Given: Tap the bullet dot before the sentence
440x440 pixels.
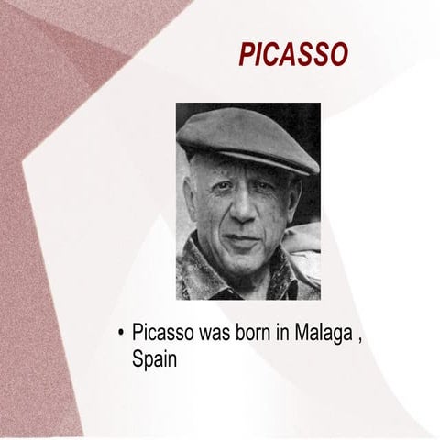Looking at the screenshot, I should [122, 332].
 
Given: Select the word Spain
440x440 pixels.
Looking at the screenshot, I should [154, 358].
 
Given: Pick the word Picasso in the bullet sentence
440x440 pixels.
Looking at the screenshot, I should [162, 332].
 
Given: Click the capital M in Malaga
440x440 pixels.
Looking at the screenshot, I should [302, 332].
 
